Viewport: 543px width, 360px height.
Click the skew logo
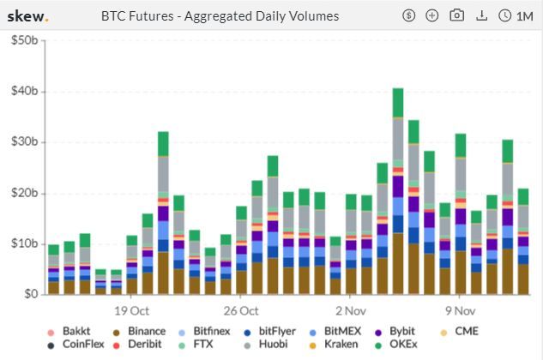pyautogui.click(x=28, y=15)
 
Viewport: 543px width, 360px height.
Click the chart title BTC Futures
pyautogui.click(x=220, y=15)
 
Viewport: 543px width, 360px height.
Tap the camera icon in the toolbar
pyautogui.click(x=456, y=15)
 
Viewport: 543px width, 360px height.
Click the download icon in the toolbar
pyautogui.click(x=481, y=15)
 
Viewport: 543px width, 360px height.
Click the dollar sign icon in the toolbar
pyautogui.click(x=408, y=15)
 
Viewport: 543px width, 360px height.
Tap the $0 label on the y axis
pyautogui.click(x=30, y=294)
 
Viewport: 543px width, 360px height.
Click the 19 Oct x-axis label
pyautogui.click(x=131, y=310)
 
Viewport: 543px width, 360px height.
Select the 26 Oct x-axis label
pyautogui.click(x=241, y=310)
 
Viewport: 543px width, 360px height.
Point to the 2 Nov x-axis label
pyautogui.click(x=351, y=310)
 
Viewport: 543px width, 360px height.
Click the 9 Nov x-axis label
pyautogui.click(x=461, y=310)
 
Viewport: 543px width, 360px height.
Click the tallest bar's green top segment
pyautogui.click(x=398, y=102)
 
